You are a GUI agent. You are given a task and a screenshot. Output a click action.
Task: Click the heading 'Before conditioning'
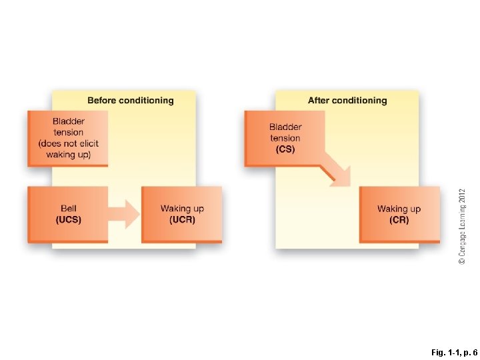tap(131, 101)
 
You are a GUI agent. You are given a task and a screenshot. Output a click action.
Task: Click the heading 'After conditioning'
tap(347, 101)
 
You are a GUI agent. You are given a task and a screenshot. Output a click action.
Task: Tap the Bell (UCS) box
tap(68, 214)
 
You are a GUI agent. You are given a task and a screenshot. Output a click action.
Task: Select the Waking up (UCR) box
tap(181, 214)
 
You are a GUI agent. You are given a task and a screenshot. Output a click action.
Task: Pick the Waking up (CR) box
tap(399, 214)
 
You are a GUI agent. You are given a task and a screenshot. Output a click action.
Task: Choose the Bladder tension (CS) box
tap(285, 138)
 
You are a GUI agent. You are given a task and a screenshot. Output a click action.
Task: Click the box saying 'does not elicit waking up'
tap(68, 138)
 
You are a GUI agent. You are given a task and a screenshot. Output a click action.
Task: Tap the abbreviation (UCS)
tap(68, 220)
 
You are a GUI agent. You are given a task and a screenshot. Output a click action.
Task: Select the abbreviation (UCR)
tap(181, 220)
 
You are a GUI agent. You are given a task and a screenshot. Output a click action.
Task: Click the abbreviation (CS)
tap(285, 149)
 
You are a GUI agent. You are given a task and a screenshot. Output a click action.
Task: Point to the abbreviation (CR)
tap(399, 220)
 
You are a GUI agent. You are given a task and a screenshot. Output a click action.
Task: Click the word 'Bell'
tap(68, 209)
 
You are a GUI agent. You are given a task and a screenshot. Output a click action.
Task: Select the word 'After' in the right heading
tap(319, 101)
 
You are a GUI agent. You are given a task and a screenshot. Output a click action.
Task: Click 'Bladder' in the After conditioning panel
tap(285, 127)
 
